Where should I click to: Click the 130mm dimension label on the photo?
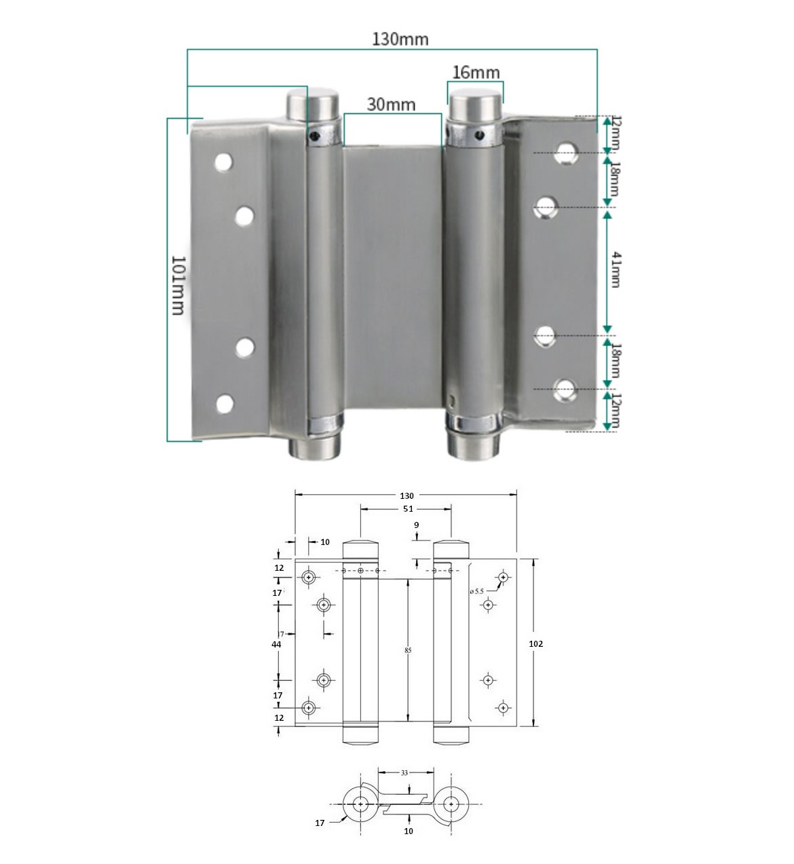[x=400, y=39]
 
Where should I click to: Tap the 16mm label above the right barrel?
[x=476, y=73]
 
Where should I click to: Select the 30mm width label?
[x=391, y=104]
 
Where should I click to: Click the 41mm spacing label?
[x=615, y=269]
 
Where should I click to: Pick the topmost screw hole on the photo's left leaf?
[x=223, y=162]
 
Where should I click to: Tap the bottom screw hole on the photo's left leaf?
[x=225, y=405]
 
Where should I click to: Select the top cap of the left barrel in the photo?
[x=311, y=104]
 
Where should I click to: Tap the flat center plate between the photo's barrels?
[x=392, y=278]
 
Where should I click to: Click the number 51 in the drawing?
[x=407, y=508]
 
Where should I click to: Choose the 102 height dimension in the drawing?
[x=535, y=643]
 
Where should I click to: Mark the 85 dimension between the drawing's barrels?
[x=408, y=650]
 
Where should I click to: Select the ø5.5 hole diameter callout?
[x=476, y=591]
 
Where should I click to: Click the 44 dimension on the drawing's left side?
[x=277, y=644]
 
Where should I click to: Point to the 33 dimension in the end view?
[x=404, y=772]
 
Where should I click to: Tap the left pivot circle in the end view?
[x=360, y=804]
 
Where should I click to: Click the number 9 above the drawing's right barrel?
[x=416, y=525]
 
